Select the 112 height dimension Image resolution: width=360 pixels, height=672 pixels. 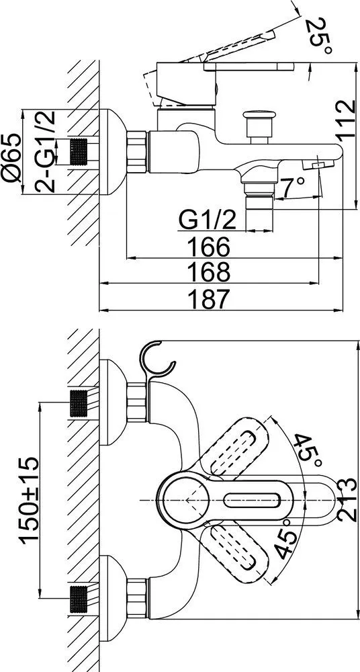(x=345, y=120)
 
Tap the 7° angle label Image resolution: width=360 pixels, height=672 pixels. (x=293, y=187)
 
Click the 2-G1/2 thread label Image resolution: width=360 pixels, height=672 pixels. (x=45, y=151)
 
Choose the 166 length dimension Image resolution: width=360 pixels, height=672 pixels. (x=209, y=247)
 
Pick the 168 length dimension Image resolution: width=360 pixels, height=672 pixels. (x=209, y=271)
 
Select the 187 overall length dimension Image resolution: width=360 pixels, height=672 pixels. (x=209, y=299)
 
